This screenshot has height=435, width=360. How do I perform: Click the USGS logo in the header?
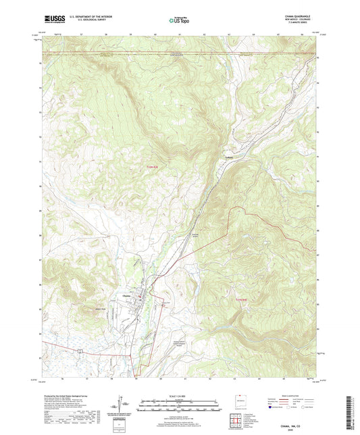(53, 18)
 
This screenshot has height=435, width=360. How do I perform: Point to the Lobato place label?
(229, 159)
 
